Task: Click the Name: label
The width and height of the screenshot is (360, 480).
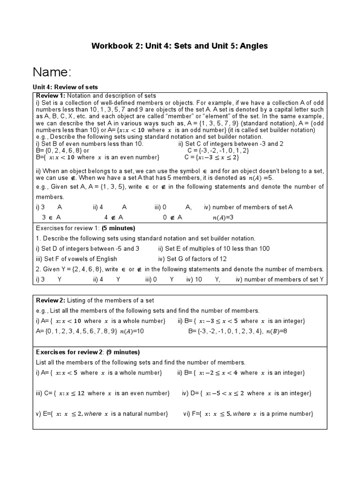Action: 52,72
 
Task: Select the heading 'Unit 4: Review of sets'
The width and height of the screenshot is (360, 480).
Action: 65,87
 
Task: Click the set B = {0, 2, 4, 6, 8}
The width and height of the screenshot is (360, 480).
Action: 59,150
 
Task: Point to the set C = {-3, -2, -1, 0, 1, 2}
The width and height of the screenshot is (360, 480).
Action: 218,150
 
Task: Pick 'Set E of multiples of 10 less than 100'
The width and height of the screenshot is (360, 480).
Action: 214,248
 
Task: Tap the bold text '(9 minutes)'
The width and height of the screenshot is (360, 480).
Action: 118,352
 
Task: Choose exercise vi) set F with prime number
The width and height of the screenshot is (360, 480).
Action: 247,414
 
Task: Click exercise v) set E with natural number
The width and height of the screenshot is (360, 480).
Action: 102,414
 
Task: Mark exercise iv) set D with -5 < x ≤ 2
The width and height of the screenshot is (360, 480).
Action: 247,393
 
